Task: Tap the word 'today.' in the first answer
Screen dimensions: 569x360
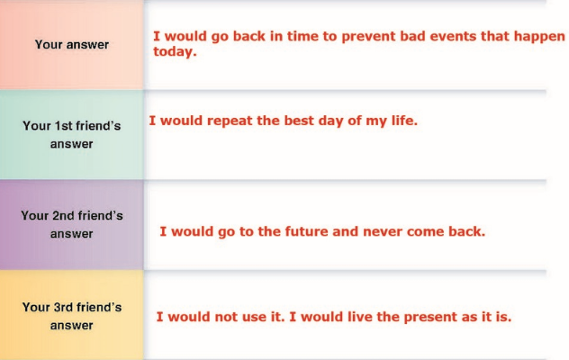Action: coord(175,51)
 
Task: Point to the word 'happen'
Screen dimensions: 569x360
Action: coord(539,36)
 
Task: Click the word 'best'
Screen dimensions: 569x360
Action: coord(299,121)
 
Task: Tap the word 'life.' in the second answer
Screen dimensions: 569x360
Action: coord(404,121)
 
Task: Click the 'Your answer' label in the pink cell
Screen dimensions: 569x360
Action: coord(72,45)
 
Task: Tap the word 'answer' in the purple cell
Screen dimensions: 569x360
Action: coord(71,234)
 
